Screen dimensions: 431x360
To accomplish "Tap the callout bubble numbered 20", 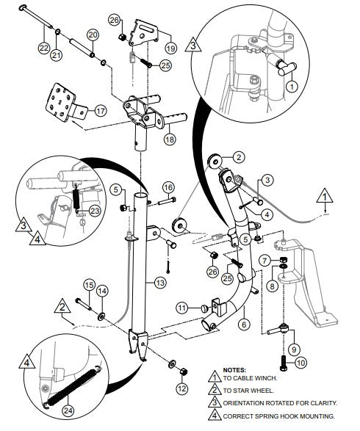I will [x=93, y=35].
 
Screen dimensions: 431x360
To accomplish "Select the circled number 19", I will [x=170, y=48].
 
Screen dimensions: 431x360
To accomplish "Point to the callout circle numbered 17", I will [x=100, y=111].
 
